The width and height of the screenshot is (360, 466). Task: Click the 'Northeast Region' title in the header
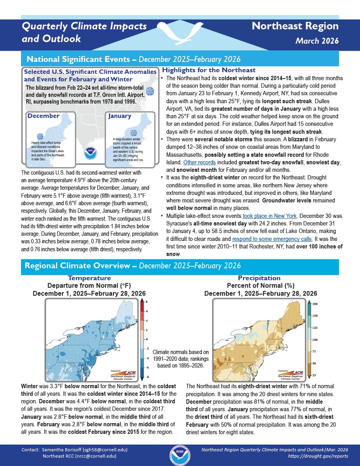pyautogui.click(x=295, y=27)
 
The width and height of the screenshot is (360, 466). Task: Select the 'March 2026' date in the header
pyautogui.click(x=316, y=41)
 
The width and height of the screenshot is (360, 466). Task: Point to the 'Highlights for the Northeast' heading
pyautogui.click(x=209, y=70)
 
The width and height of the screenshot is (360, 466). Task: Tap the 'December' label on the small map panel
pyautogui.click(x=44, y=116)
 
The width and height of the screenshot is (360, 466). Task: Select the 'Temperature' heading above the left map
pyautogui.click(x=89, y=278)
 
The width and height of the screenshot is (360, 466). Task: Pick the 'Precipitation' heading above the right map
pyautogui.click(x=259, y=278)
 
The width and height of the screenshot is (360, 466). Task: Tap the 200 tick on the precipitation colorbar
pyautogui.click(x=315, y=304)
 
